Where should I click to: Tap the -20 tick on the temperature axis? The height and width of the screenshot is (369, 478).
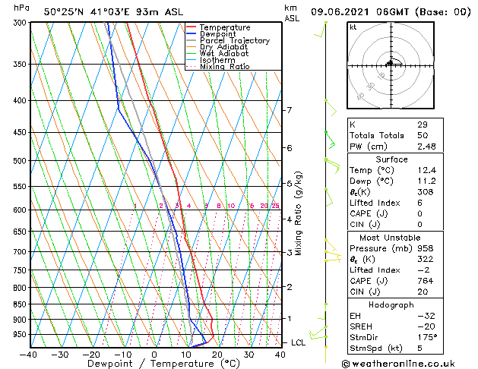click(x=90, y=355)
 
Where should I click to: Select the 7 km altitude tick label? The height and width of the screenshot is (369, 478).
click(x=289, y=110)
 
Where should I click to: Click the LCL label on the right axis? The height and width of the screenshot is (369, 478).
click(x=298, y=343)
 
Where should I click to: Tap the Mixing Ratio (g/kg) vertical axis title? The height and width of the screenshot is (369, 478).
click(x=299, y=213)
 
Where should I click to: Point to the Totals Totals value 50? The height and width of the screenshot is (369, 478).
click(x=423, y=135)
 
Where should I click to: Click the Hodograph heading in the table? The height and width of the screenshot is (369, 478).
click(x=391, y=304)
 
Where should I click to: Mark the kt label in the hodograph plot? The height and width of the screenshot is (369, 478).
click(x=353, y=27)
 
